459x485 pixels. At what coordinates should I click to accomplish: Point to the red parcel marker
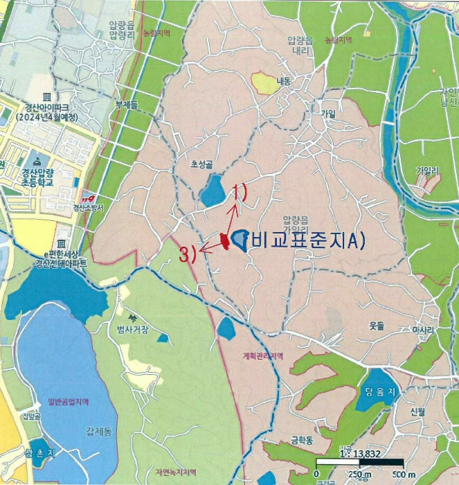224,240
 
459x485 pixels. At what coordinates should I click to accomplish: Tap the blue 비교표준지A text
305,240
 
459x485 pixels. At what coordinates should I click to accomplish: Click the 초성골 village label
202,166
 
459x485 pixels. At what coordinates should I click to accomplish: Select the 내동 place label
285,81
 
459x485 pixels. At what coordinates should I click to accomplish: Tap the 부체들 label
127,105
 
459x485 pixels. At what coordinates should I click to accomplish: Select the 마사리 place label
422,330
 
